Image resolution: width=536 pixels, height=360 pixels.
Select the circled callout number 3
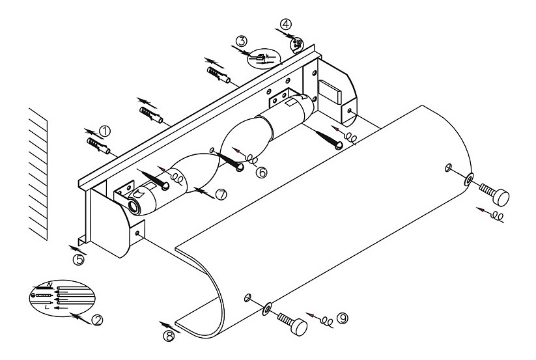click(x=242, y=41)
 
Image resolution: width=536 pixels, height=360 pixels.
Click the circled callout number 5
click(x=78, y=260)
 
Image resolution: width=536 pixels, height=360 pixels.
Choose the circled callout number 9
click(x=343, y=319)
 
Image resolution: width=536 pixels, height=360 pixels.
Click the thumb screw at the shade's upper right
click(x=494, y=193)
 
